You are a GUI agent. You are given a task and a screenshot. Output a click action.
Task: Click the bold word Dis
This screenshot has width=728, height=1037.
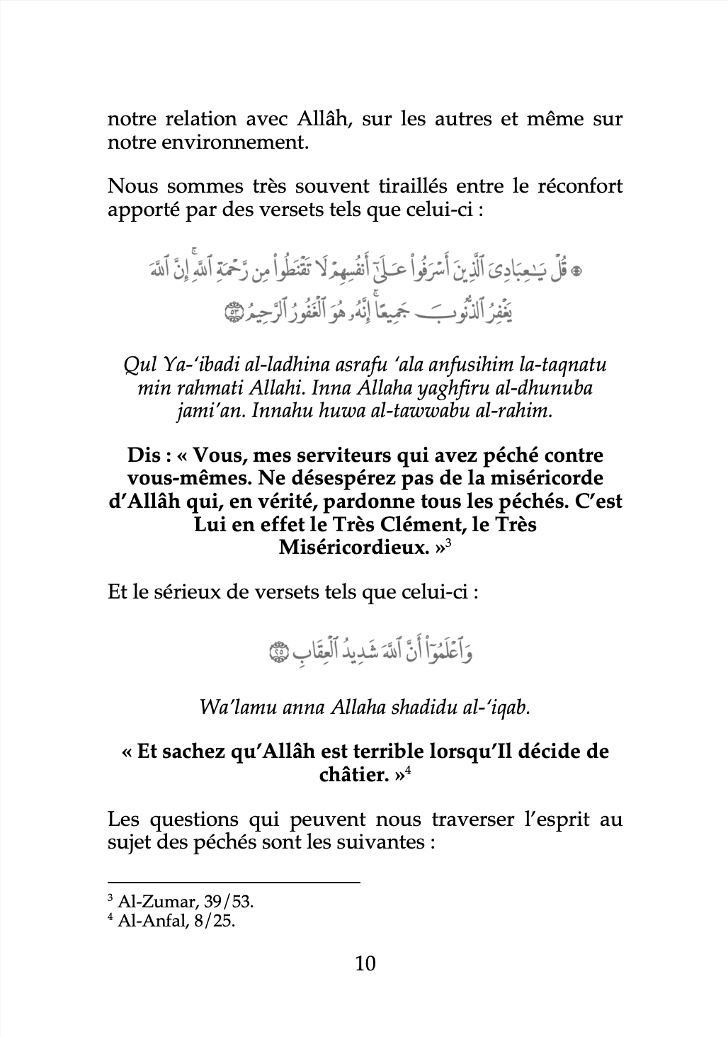click(146, 455)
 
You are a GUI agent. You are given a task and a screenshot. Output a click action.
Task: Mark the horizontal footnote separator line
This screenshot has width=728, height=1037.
click(234, 883)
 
